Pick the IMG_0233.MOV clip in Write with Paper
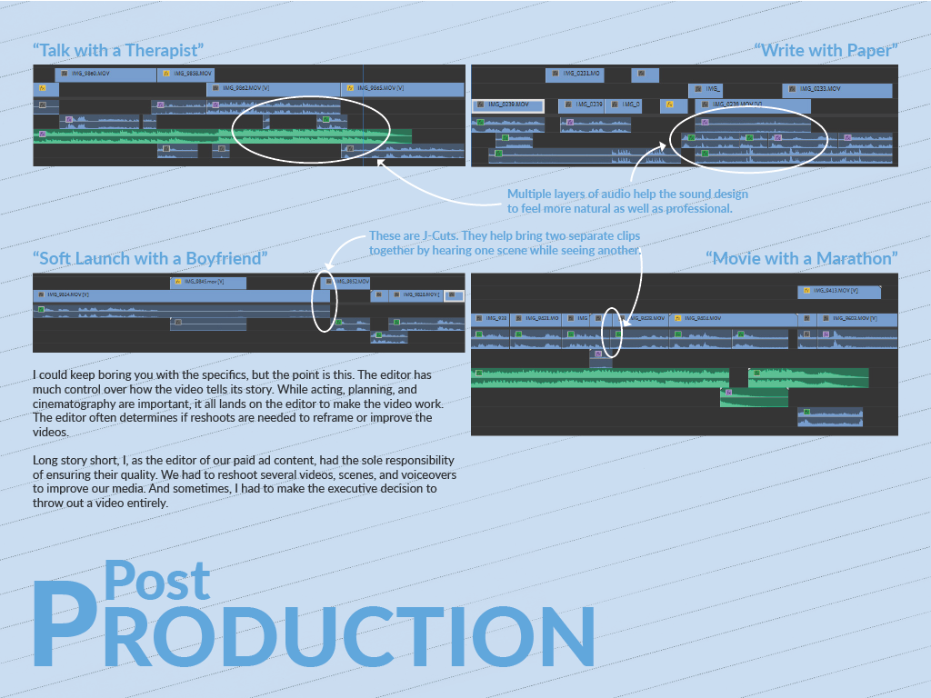pyautogui.click(x=836, y=89)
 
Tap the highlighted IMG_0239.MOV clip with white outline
pyautogui.click(x=507, y=105)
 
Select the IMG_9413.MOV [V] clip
pyautogui.click(x=839, y=291)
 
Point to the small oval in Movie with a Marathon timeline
pyautogui.click(x=612, y=332)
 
